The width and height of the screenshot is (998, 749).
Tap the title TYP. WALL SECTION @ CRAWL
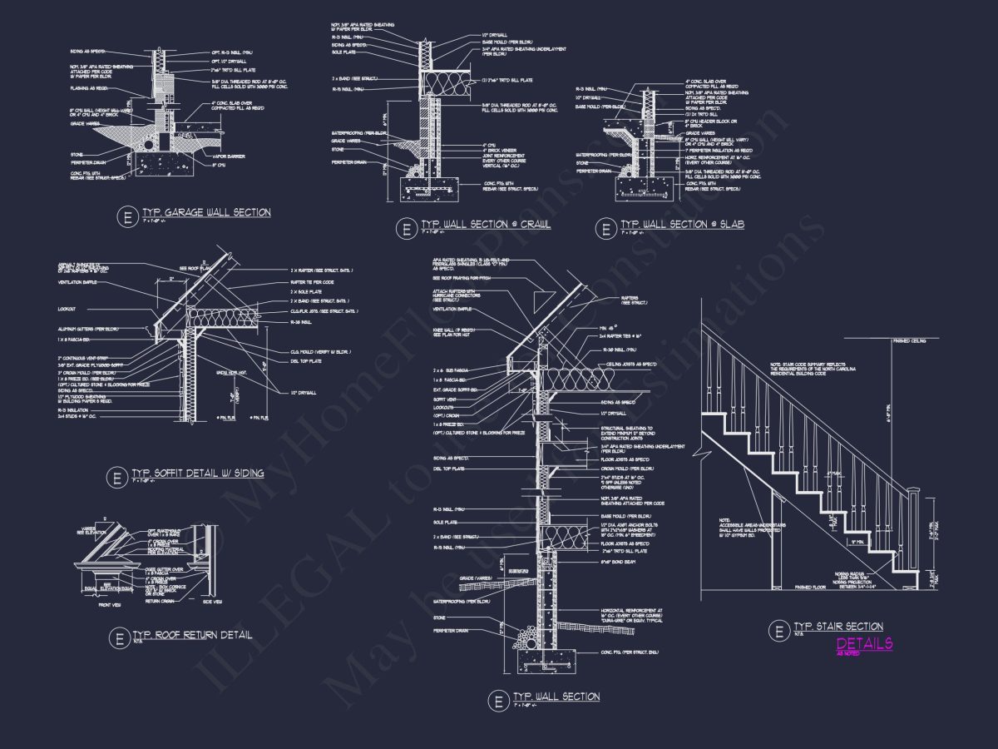pos(486,226)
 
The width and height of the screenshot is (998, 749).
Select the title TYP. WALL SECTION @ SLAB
pos(682,225)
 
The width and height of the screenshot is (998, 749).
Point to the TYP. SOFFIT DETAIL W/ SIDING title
pos(198,474)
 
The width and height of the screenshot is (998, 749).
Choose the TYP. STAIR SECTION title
pos(837,627)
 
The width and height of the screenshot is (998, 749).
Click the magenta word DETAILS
pos(864,643)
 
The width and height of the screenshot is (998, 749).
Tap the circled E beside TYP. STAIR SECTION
pos(779,631)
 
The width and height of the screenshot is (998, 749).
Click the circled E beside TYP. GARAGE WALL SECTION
pos(127,217)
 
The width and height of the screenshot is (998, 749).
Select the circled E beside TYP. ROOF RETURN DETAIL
pos(117,639)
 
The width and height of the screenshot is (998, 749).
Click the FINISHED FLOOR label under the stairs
pos(814,588)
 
